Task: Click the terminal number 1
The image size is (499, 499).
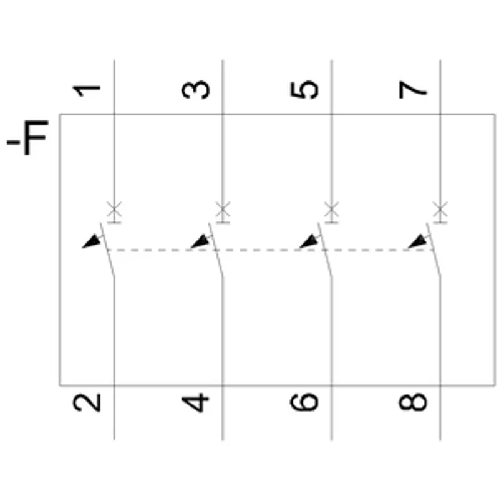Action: (x=87, y=91)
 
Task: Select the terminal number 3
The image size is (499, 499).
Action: (x=195, y=90)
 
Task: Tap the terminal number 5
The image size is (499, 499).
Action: (x=304, y=90)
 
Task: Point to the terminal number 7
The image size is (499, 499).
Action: (x=413, y=90)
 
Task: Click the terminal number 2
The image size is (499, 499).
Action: (x=87, y=403)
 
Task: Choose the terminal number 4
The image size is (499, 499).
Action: (x=195, y=403)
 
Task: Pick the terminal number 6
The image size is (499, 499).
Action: (x=304, y=402)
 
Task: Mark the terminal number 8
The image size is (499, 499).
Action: (x=413, y=402)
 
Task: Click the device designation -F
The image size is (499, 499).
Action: (x=27, y=138)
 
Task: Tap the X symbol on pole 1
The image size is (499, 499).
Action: (x=114, y=209)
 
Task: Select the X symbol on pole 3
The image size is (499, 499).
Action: (x=223, y=209)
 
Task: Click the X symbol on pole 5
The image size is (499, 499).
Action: (x=332, y=209)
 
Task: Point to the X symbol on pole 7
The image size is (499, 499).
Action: (x=440, y=209)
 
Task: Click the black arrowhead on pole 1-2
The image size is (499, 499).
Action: (x=92, y=241)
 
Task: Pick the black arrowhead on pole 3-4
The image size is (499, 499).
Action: (x=200, y=241)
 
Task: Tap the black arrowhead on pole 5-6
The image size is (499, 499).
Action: (x=309, y=241)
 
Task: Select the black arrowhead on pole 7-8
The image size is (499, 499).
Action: (x=418, y=241)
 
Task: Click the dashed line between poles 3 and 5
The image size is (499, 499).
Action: (x=270, y=251)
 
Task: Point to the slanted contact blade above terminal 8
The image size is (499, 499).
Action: (x=434, y=249)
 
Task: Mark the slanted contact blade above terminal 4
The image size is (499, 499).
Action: (x=216, y=249)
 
